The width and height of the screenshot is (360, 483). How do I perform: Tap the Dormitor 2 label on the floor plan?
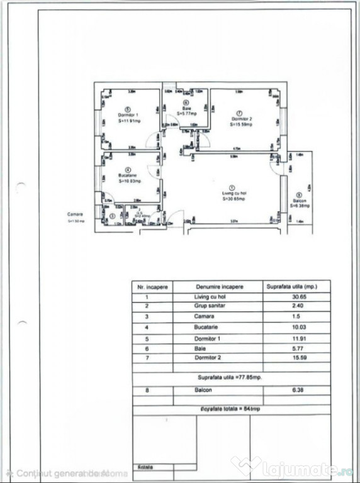tap(241, 119)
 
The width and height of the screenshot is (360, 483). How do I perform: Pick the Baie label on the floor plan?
tap(186, 108)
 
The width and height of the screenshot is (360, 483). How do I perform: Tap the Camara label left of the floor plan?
tap(76, 215)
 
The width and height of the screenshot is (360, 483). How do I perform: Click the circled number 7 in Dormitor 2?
tap(241, 113)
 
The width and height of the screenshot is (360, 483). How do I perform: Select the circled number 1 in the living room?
tap(232, 187)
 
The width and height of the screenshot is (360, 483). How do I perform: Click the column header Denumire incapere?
tap(220, 286)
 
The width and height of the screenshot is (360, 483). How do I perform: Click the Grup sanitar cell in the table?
tap(211, 306)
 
